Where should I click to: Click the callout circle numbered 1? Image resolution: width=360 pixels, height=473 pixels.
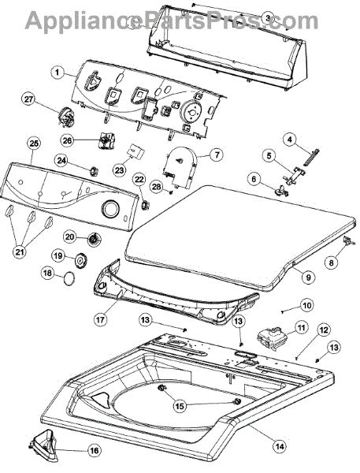tap(57, 73)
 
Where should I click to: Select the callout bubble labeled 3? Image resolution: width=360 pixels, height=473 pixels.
tap(268, 17)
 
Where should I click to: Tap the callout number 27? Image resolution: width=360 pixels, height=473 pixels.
tap(29, 99)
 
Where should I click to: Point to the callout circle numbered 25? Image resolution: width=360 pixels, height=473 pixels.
tap(33, 143)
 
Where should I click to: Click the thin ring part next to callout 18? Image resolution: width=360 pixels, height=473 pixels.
tap(70, 276)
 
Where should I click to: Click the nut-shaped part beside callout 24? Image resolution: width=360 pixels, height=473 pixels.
tap(91, 169)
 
